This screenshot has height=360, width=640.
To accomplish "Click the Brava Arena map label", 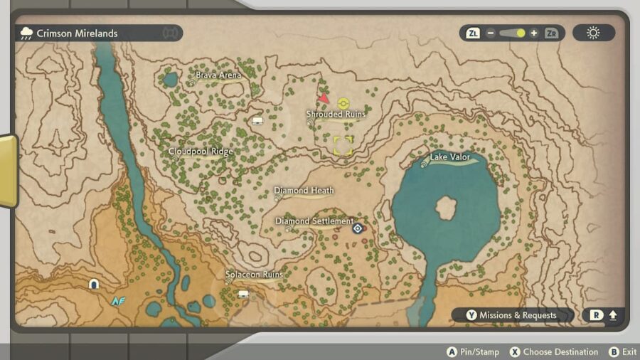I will pyautogui.click(x=218, y=75).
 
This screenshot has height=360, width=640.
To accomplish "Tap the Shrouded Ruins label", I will pyautogui.click(x=336, y=114).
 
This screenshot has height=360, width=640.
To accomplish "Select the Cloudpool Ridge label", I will pyautogui.click(x=201, y=152).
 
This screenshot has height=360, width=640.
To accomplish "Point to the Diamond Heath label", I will pyautogui.click(x=304, y=191).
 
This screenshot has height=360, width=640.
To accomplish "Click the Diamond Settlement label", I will pyautogui.click(x=314, y=221).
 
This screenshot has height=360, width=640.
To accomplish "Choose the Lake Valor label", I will pyautogui.click(x=450, y=157).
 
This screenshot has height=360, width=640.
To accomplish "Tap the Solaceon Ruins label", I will pyautogui.click(x=254, y=275).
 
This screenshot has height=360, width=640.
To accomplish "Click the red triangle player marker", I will pyautogui.click(x=324, y=98).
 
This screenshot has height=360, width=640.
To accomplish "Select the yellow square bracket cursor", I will pyautogui.click(x=343, y=146).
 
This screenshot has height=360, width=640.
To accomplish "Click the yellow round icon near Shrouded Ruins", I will pyautogui.click(x=343, y=102).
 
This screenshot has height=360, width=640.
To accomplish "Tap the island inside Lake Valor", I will pyautogui.click(x=447, y=208).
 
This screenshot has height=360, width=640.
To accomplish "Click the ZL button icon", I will pyautogui.click(x=473, y=33).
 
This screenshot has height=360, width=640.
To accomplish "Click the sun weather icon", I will pyautogui.click(x=593, y=33).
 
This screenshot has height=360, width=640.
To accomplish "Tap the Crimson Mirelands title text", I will pyautogui.click(x=77, y=33).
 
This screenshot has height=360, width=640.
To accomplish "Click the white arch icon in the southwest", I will pyautogui.click(x=93, y=285).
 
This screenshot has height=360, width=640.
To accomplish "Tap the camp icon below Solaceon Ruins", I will pyautogui.click(x=243, y=293).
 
